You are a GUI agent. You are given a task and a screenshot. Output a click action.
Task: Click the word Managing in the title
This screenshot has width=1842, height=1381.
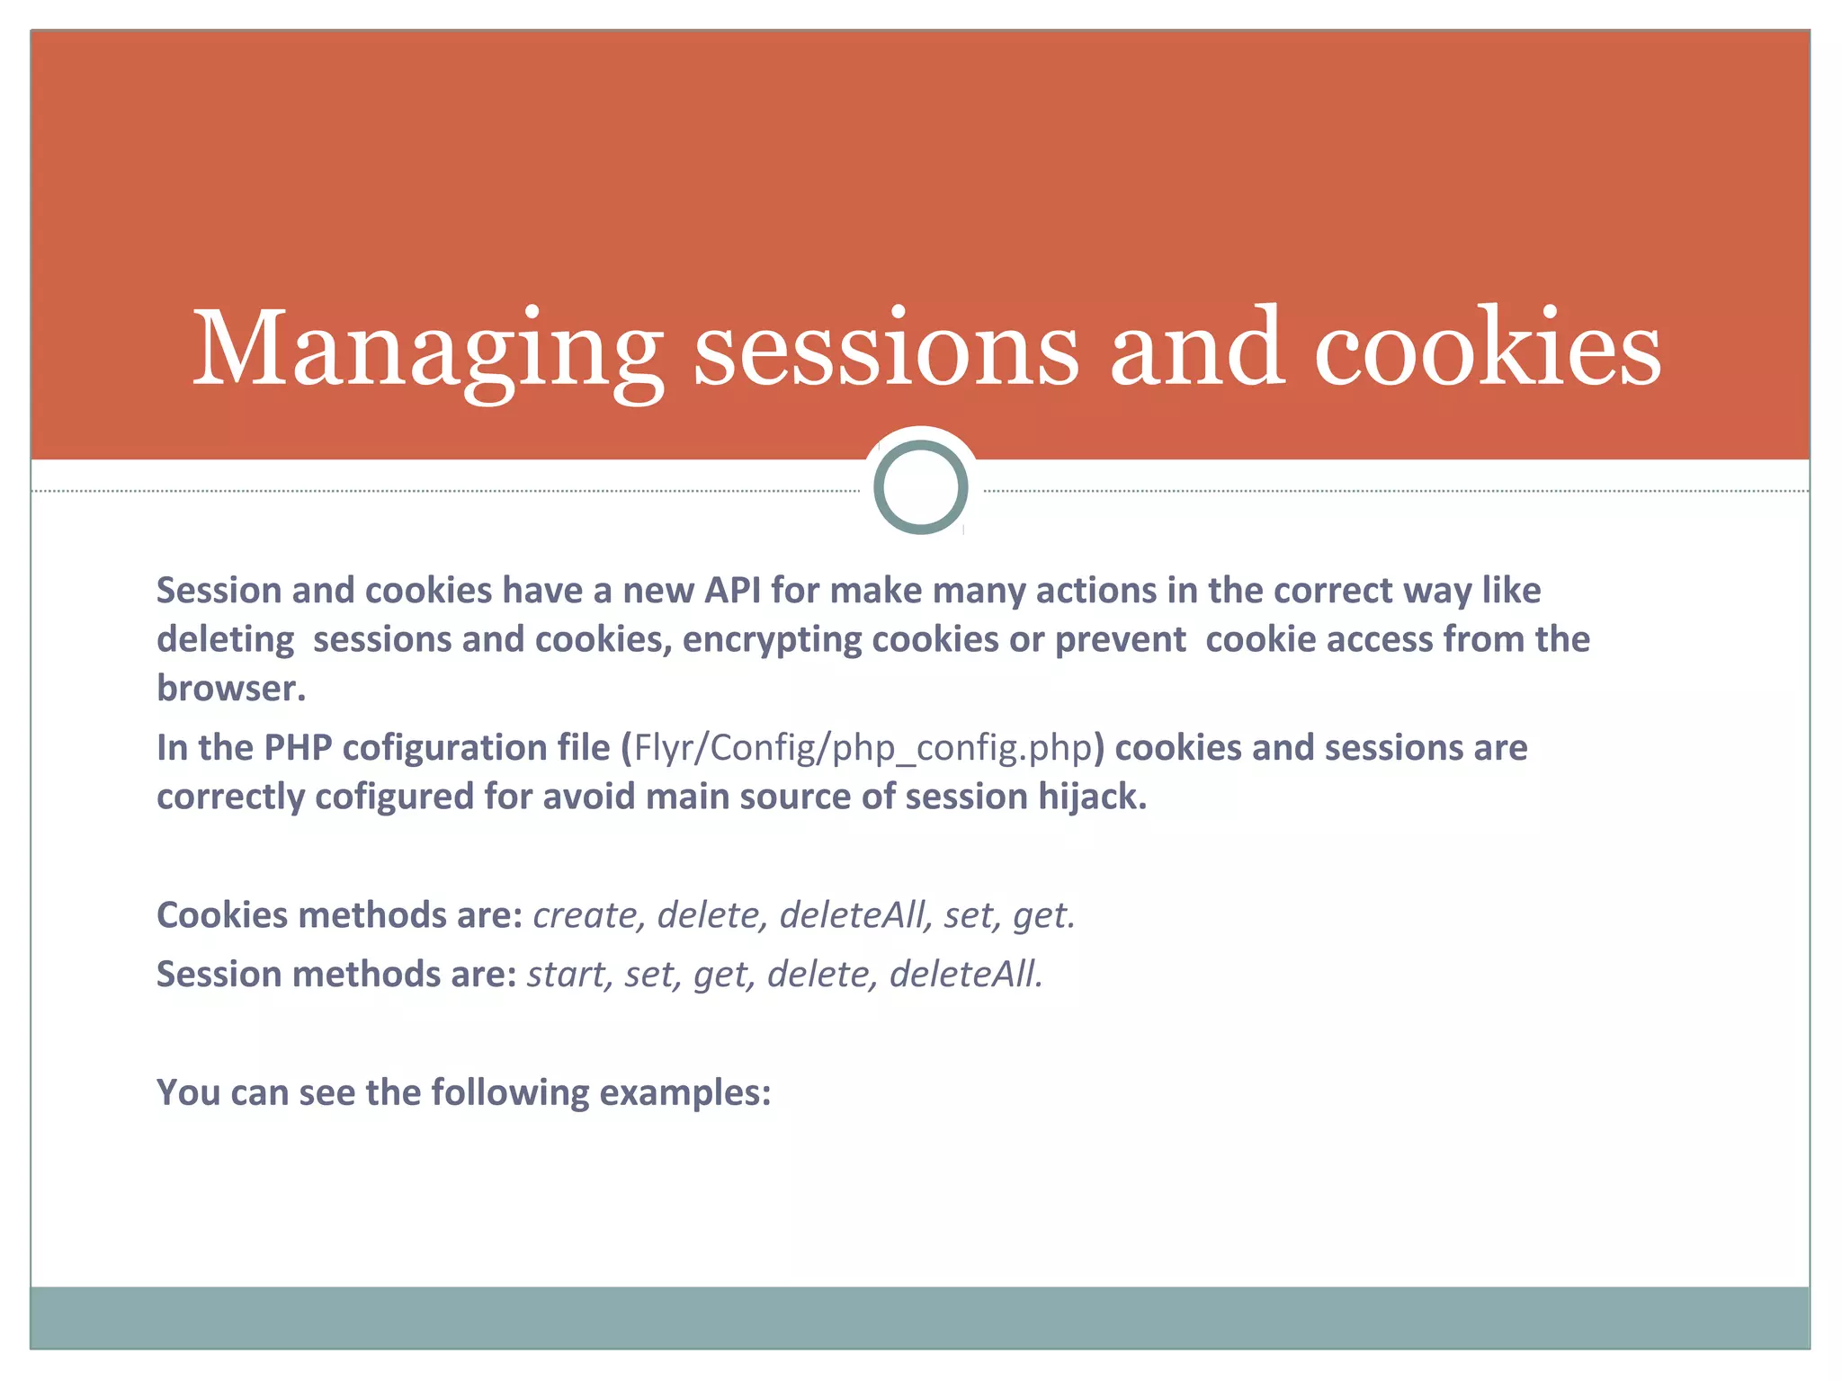pyautogui.click(x=427, y=351)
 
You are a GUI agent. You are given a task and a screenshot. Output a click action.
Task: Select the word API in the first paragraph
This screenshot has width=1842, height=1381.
pyautogui.click(x=732, y=591)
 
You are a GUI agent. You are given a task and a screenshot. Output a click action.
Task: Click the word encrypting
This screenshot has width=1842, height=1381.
pyautogui.click(x=776, y=640)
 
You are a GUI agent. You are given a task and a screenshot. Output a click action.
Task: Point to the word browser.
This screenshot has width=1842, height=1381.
pyautogui.click(x=229, y=689)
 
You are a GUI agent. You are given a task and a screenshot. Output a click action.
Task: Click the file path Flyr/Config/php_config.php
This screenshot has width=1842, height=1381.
pyautogui.click(x=863, y=748)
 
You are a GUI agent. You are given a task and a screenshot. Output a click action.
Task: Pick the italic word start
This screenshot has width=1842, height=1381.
pyautogui.click(x=565, y=975)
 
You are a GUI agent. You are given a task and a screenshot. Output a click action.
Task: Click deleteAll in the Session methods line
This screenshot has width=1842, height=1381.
pyautogui.click(x=965, y=975)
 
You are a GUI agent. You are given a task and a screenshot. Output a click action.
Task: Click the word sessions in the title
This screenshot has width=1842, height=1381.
pyautogui.click(x=886, y=351)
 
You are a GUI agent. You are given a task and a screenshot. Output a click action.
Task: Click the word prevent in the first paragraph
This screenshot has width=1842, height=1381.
pyautogui.click(x=1120, y=640)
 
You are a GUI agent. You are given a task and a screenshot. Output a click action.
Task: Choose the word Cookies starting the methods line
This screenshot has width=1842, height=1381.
pyautogui.click(x=222, y=915)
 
